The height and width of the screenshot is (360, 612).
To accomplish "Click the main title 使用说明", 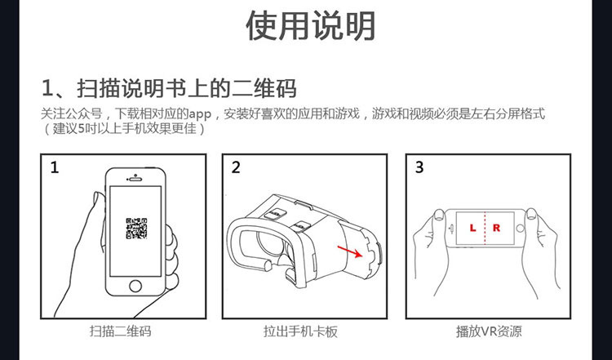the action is click(x=310, y=26).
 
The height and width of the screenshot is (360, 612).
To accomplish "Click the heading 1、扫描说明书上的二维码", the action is click(x=169, y=88).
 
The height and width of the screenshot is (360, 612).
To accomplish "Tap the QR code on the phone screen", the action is click(x=136, y=229).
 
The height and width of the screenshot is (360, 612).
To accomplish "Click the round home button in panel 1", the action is click(x=135, y=286).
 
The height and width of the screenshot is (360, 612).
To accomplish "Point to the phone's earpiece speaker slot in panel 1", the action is click(x=135, y=180).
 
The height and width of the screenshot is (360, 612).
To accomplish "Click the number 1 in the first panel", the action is click(x=54, y=167).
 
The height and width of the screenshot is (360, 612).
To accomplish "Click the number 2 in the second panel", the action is click(x=236, y=167).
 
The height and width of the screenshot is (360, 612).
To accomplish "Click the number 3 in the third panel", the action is click(x=419, y=167).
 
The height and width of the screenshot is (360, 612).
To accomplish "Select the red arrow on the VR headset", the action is click(x=350, y=252).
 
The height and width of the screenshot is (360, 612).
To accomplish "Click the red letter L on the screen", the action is click(x=472, y=228).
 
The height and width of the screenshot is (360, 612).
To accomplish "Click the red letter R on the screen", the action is click(x=496, y=228).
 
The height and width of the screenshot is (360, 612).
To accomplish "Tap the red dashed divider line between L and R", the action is click(x=485, y=229).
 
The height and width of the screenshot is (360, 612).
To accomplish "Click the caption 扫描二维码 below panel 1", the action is click(x=120, y=331).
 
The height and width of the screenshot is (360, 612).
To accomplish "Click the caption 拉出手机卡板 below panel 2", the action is click(x=300, y=331).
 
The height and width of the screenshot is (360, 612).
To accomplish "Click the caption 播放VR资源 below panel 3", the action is click(x=489, y=331).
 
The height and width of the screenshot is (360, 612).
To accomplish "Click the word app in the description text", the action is click(x=200, y=115).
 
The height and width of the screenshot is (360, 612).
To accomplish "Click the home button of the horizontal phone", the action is click(x=520, y=229).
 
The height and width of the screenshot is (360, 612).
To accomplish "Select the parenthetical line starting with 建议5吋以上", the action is click(x=123, y=128).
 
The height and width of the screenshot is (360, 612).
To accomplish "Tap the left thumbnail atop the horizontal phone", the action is click(x=439, y=216).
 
